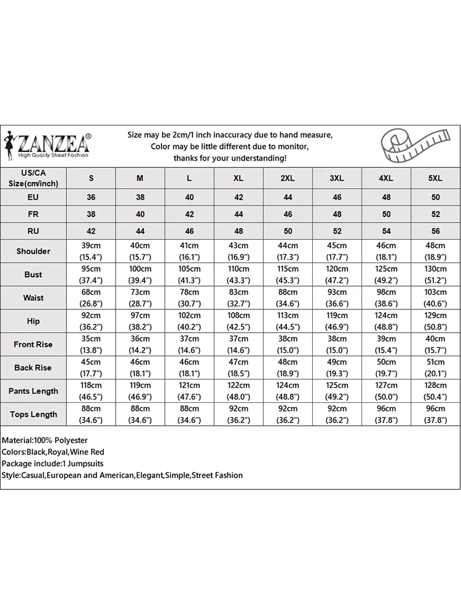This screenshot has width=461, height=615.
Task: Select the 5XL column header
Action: [x=435, y=178]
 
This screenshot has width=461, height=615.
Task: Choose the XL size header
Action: [x=238, y=178]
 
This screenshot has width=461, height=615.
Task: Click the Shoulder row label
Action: [x=33, y=251]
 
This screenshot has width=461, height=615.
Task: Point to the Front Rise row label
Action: [x=33, y=344]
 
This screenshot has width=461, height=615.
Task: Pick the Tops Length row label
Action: [x=33, y=415]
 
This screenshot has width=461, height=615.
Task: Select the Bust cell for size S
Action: [x=91, y=274]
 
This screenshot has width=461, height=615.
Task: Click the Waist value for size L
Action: [x=189, y=298]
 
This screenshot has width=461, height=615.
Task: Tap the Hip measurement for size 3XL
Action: [x=337, y=321]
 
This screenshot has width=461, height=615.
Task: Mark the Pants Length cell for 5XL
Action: [x=435, y=391]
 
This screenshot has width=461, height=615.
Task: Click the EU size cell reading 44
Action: [x=288, y=197]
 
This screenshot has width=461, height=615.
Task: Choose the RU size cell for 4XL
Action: [x=386, y=231]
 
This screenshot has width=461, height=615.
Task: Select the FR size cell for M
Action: [x=140, y=214]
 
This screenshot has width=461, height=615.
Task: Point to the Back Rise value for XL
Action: [x=238, y=368]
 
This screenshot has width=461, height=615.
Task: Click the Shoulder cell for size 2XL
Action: [x=288, y=251]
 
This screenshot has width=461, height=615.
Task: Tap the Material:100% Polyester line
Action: [x=45, y=440]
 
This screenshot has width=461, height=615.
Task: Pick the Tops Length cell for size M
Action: [x=140, y=415]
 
